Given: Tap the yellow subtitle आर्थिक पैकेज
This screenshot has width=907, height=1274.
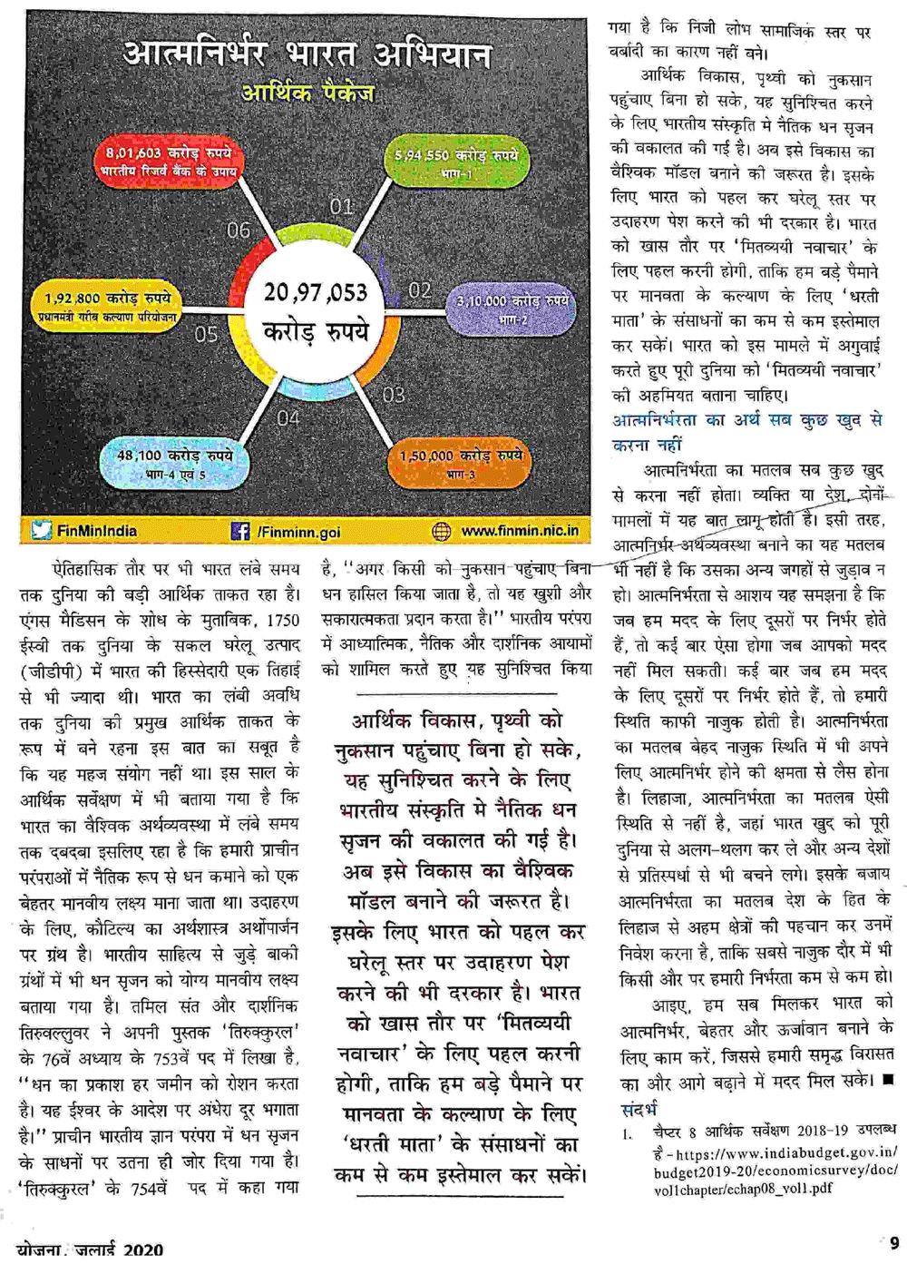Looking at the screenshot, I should [307, 93].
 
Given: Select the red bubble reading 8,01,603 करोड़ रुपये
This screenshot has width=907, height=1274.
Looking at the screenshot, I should [169, 161].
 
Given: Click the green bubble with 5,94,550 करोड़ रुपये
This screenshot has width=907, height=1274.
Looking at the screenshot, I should [456, 162].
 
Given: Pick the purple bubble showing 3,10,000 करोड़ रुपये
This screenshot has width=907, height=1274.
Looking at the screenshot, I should [512, 309].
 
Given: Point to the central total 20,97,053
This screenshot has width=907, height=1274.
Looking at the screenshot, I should [316, 292].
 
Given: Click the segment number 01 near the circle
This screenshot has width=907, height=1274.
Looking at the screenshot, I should [341, 207].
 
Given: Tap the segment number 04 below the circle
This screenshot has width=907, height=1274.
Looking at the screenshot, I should [288, 417].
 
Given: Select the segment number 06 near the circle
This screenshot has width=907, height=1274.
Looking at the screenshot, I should [238, 230].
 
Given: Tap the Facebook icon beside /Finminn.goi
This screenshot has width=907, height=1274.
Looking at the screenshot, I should [240, 531].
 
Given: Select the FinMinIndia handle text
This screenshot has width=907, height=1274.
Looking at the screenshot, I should [97, 531].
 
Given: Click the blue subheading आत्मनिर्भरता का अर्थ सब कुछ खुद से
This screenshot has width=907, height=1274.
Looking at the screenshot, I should [747, 420].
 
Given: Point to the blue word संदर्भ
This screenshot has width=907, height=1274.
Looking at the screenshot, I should [639, 1109].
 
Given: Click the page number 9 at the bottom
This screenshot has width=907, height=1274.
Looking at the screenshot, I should [894, 1243].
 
